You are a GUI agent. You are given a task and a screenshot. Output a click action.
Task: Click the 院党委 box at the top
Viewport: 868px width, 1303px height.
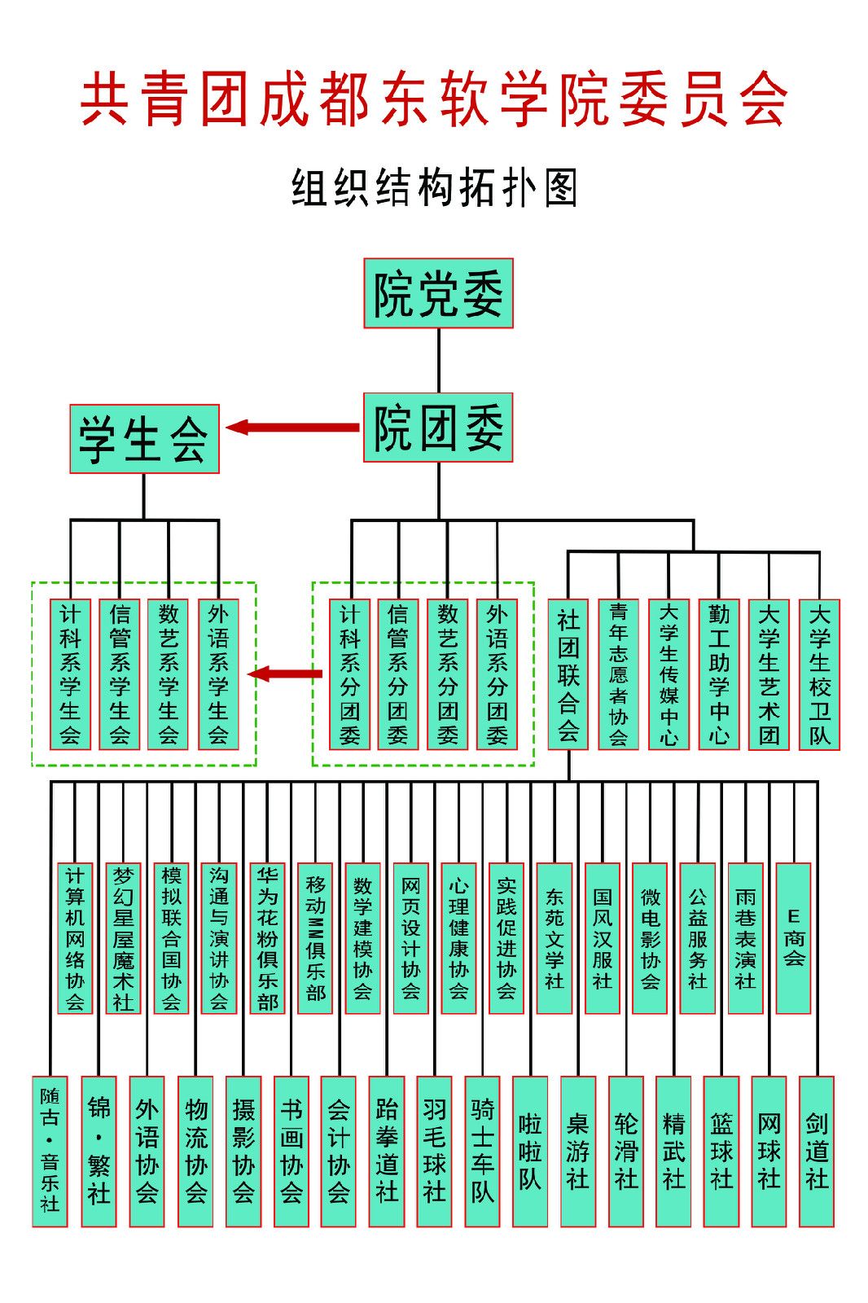pos(438,293)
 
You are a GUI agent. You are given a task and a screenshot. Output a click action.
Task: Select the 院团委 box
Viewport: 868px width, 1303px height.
pos(438,428)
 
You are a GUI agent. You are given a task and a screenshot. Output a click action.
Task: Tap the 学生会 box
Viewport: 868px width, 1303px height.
pos(144,439)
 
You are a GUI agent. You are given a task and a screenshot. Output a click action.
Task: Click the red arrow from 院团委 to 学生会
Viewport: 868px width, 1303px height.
pos(293,428)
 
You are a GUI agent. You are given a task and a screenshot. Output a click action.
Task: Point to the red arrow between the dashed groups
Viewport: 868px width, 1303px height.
pos(285,673)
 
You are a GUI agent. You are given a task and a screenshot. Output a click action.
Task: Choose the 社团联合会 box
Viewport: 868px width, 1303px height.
pos(568,674)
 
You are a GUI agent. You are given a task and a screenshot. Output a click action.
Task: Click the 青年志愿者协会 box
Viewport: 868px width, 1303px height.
pos(618,674)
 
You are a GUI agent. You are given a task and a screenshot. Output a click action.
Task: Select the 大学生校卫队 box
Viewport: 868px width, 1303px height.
pos(819,674)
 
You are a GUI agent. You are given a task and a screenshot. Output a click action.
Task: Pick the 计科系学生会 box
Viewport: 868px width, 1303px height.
pos(70,674)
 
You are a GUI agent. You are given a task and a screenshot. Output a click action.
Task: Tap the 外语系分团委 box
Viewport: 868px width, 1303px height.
pos(497,674)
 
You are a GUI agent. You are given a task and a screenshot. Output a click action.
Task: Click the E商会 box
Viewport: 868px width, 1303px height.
pos(793,938)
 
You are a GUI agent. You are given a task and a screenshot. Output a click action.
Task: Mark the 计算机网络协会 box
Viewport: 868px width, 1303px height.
pos(75,938)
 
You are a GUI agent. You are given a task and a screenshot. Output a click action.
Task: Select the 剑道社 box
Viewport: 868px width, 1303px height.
pos(817,1152)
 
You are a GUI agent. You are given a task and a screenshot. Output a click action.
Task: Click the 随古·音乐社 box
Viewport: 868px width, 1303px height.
pos(50,1152)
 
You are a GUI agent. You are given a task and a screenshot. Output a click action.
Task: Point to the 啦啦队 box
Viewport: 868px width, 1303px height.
pos(530,1152)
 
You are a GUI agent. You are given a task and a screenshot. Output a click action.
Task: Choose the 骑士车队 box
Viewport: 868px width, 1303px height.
pos(482,1152)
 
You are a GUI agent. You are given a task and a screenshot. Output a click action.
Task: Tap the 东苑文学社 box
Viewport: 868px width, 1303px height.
pos(554,938)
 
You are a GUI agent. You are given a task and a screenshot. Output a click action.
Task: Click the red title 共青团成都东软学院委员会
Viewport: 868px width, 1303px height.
pos(434,99)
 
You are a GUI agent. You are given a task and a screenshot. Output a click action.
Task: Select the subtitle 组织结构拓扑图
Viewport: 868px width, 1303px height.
pos(434,188)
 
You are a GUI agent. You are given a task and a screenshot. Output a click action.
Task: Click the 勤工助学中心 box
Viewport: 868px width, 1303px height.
pos(719,674)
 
